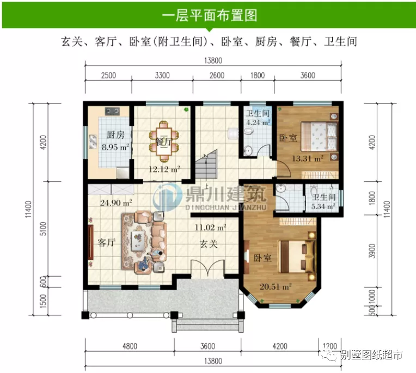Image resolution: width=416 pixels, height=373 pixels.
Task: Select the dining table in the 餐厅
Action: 162,138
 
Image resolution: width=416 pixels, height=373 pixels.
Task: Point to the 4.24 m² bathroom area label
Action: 258,123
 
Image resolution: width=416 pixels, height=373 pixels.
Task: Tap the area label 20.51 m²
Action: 276,286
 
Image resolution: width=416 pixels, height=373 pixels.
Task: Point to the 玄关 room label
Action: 209,244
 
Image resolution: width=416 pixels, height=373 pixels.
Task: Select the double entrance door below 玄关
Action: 208,269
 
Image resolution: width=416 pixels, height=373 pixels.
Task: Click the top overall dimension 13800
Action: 213,60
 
